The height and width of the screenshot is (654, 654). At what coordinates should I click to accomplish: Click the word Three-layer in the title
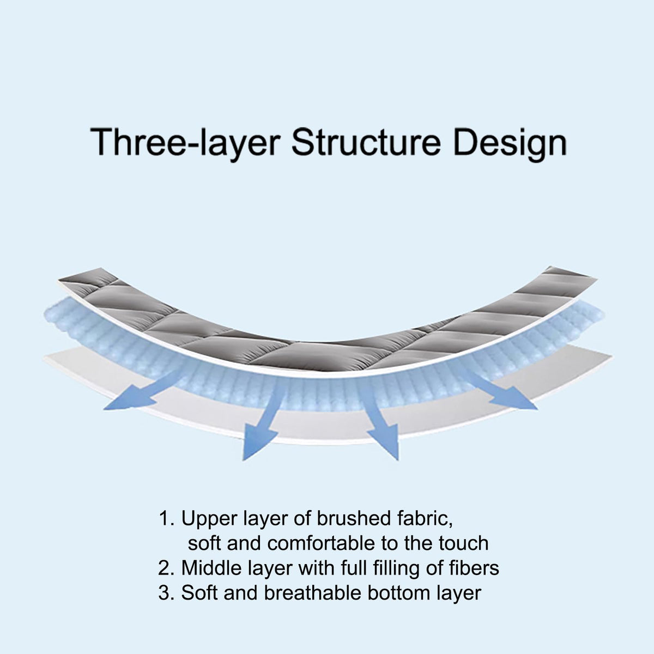click(185, 143)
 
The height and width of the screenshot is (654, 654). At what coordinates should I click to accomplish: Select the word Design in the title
click(510, 143)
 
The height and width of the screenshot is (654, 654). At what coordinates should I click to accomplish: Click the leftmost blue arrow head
click(129, 401)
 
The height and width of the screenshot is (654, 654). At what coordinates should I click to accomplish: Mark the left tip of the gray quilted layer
click(58, 280)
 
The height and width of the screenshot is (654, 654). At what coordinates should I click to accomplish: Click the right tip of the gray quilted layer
click(597, 279)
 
